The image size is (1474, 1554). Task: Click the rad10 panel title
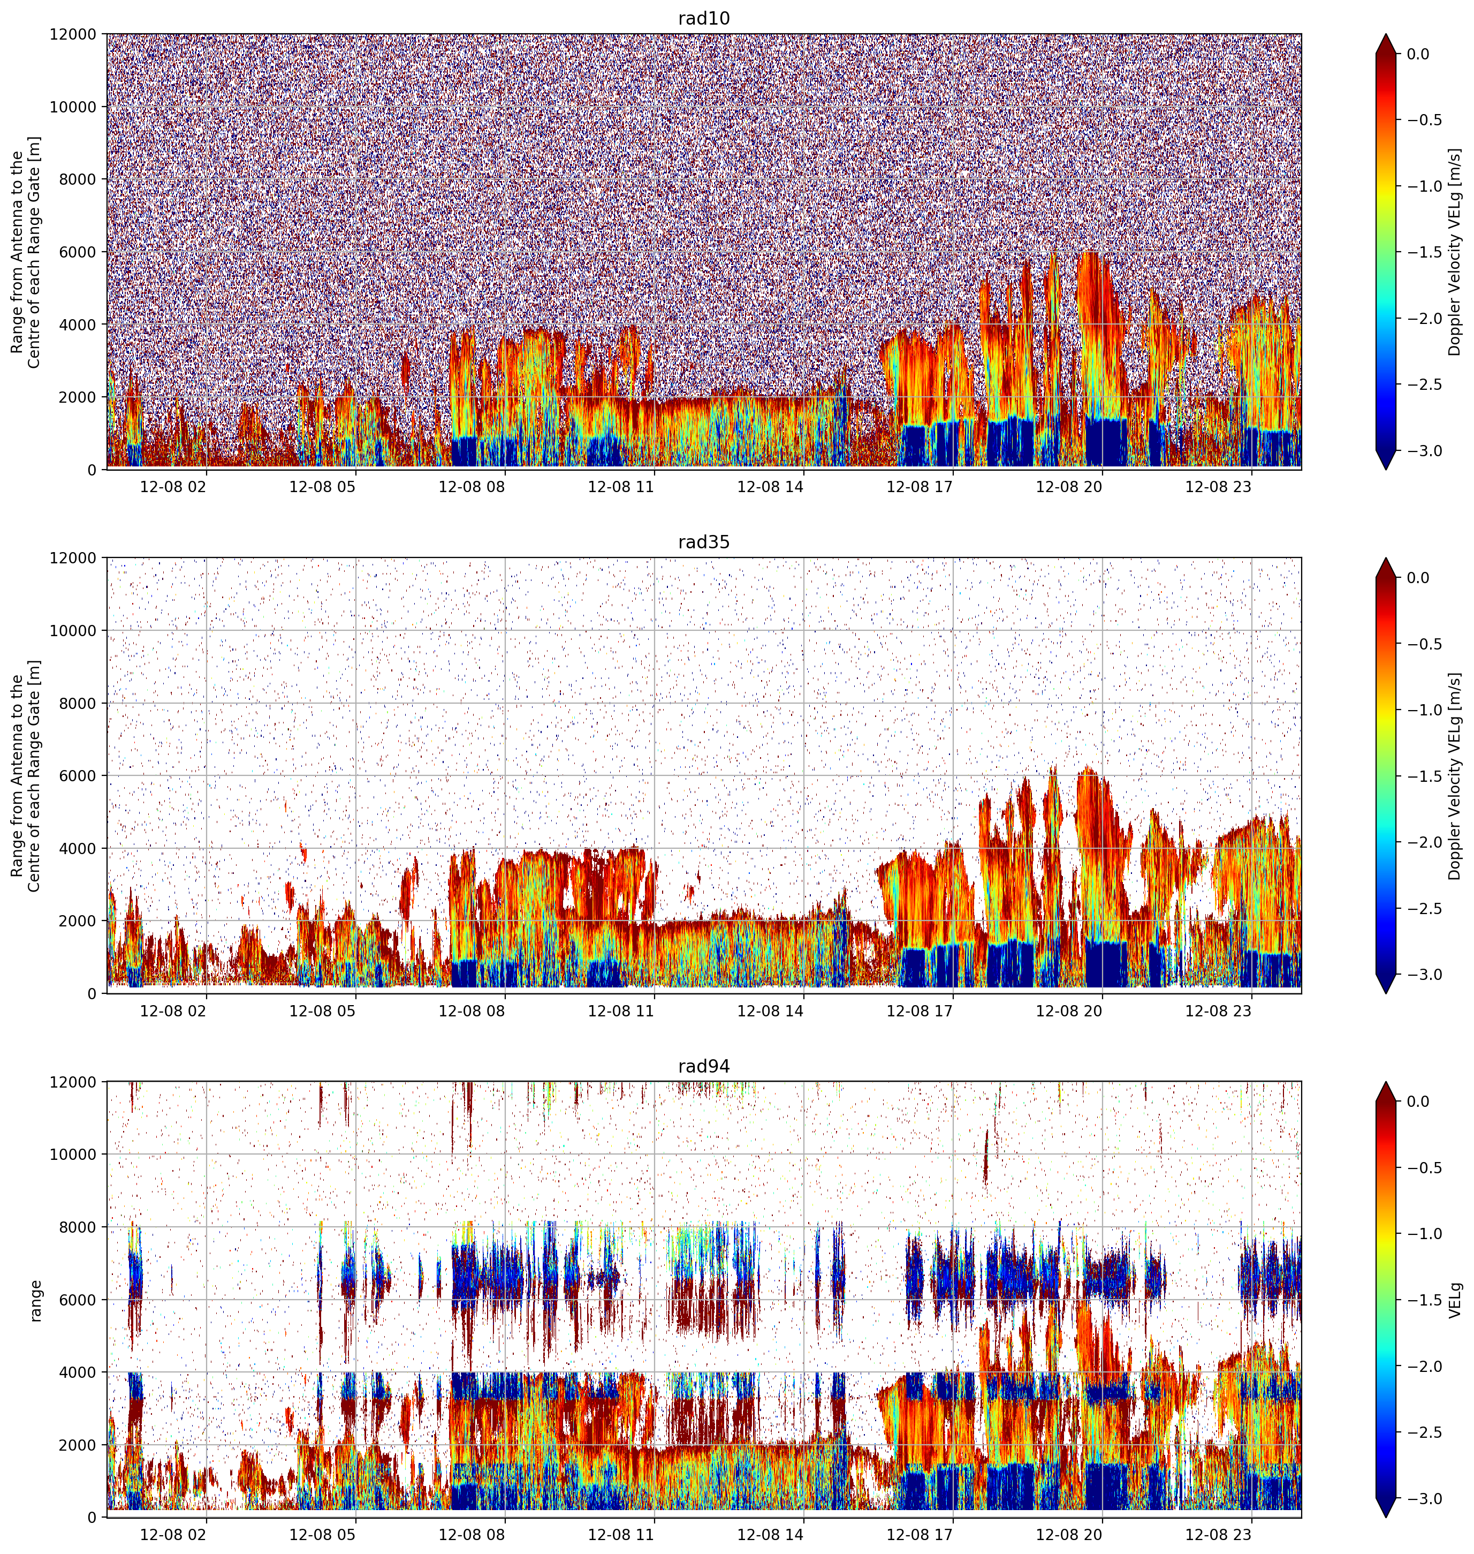[704, 19]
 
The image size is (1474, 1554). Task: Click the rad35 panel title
[704, 542]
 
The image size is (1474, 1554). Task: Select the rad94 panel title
[704, 1067]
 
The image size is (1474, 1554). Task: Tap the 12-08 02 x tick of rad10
[173, 487]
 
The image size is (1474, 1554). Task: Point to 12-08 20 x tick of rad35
[1069, 1011]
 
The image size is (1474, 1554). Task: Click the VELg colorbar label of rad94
[1455, 1299]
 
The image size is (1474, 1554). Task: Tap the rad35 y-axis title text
[26, 776]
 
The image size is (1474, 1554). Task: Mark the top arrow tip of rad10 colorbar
[1386, 34]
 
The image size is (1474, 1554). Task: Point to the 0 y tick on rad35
[93, 993]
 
